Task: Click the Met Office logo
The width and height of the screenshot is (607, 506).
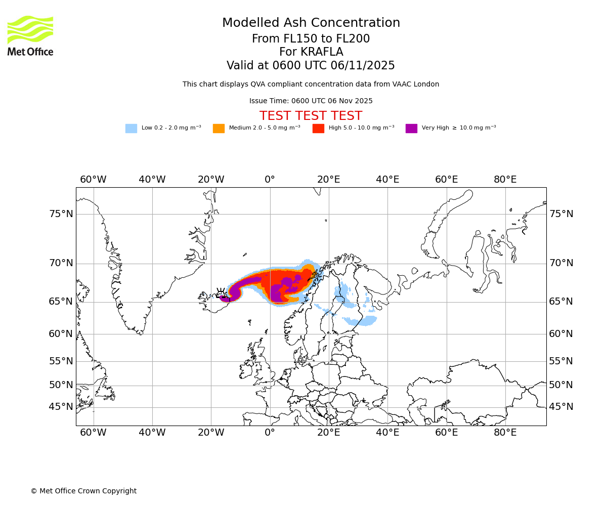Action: pos(30,35)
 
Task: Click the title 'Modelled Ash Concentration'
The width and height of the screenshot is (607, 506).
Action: pos(311,23)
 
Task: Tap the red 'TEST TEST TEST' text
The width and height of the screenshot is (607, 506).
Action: pos(311,116)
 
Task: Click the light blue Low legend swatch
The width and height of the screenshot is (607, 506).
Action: pos(131,129)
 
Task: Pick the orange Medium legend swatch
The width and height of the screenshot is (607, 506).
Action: pos(219,129)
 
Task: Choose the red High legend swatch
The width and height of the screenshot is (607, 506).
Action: pos(318,129)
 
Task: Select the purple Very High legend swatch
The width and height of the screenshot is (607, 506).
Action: pos(411,129)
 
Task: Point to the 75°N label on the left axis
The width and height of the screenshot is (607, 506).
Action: pos(61,214)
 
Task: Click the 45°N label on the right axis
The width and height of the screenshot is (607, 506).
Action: pos(561,407)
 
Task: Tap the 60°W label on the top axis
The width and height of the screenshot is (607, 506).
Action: pos(93,180)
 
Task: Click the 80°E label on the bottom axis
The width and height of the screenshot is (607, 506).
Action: pos(505,433)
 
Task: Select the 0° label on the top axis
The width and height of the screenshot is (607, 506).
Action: pos(270,180)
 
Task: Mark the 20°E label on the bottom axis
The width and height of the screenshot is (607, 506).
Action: pos(329,433)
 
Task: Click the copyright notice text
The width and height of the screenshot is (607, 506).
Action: pos(83,491)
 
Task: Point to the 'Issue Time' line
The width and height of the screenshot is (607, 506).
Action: pos(311,101)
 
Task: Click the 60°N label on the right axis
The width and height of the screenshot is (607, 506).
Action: pos(561,334)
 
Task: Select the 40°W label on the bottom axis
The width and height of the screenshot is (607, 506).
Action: pos(152,433)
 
